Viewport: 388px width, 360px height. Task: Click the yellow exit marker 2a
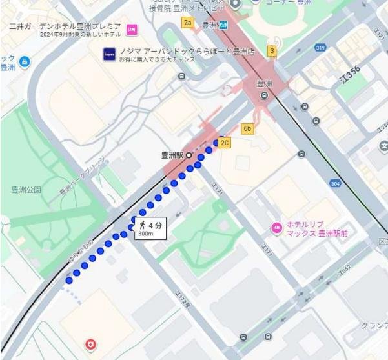pyautogui.click(x=188, y=23)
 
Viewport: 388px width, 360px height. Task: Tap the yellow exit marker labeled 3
pyautogui.click(x=272, y=51)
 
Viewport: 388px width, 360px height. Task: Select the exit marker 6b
pyautogui.click(x=247, y=128)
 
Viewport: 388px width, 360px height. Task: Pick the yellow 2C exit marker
pyautogui.click(x=225, y=143)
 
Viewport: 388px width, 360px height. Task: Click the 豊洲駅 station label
pyautogui.click(x=172, y=155)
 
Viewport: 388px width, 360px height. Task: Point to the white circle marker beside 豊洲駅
pyautogui.click(x=189, y=155)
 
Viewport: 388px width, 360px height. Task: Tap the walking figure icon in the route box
pyautogui.click(x=143, y=225)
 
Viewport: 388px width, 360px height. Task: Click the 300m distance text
pyautogui.click(x=145, y=234)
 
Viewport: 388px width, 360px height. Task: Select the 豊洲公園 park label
pyautogui.click(x=26, y=190)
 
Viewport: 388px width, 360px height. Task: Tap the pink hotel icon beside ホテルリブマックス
pyautogui.click(x=276, y=228)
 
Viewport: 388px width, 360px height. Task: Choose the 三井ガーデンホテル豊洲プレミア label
pyautogui.click(x=65, y=26)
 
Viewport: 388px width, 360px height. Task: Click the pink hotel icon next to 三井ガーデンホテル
pyautogui.click(x=132, y=29)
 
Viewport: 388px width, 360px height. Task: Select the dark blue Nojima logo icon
pyautogui.click(x=109, y=54)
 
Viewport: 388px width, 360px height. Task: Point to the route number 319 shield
pyautogui.click(x=320, y=47)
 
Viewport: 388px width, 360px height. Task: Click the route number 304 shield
pyautogui.click(x=335, y=183)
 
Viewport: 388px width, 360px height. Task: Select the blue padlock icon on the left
pyautogui.click(x=24, y=62)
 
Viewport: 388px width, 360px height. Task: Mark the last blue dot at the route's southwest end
pyautogui.click(x=68, y=281)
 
